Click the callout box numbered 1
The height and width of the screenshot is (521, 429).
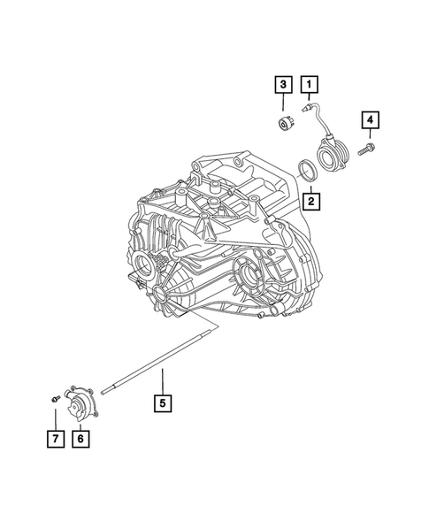(310, 85)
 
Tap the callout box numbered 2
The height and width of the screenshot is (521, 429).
(310, 201)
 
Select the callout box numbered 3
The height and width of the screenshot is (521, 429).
(282, 85)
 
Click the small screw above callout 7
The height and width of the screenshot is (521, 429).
(54, 401)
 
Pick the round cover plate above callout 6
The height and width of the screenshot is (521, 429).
(82, 406)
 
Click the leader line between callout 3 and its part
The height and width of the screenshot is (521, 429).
(282, 104)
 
